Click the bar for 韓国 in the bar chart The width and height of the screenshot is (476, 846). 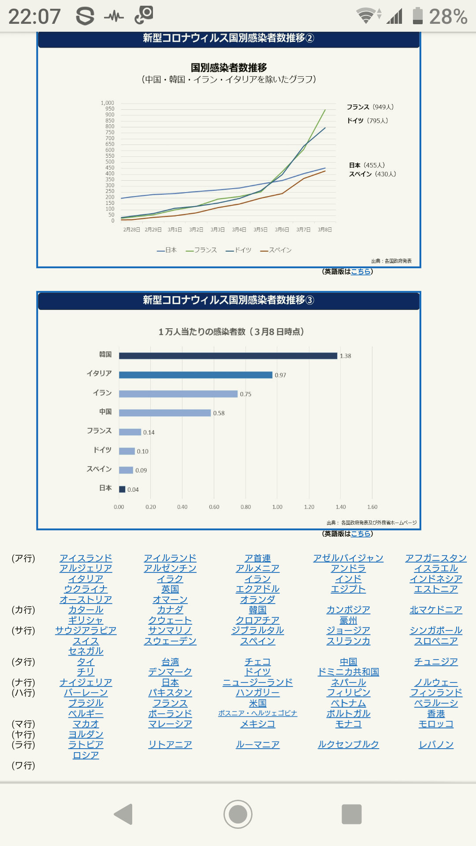click(x=228, y=356)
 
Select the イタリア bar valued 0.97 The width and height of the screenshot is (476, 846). click(x=195, y=375)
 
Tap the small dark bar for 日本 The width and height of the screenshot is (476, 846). click(x=122, y=489)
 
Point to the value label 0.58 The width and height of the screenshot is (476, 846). click(x=219, y=413)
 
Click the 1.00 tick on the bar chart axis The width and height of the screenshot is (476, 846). click(x=277, y=507)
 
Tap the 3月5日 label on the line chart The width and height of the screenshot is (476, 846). click(x=260, y=230)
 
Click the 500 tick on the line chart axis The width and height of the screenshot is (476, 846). click(x=110, y=162)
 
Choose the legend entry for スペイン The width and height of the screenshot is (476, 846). click(x=276, y=250)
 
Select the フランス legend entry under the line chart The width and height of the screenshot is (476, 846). click(x=201, y=250)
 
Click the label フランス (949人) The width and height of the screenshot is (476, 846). click(x=370, y=107)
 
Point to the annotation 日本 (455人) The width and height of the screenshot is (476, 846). click(x=367, y=165)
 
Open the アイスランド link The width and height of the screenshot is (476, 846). click(x=86, y=558)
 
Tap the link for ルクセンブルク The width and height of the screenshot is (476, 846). click(x=348, y=745)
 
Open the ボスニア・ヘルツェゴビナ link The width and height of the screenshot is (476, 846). click(x=257, y=713)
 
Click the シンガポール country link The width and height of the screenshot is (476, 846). click(x=436, y=631)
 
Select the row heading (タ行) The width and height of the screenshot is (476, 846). click(x=23, y=662)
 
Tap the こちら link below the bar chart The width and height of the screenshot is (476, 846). click(x=361, y=534)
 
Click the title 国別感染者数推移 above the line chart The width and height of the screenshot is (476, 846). click(x=229, y=68)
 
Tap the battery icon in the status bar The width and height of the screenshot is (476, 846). click(x=417, y=16)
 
